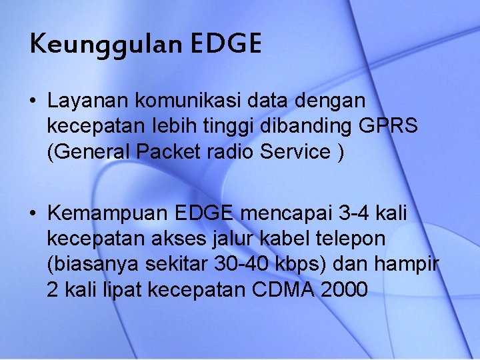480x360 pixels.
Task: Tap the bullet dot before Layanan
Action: pos(32,101)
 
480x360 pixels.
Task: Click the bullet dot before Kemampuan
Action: pos(32,213)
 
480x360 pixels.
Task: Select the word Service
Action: pos(294,151)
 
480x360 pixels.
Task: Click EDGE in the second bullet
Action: pos(203,213)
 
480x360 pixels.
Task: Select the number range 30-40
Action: pos(243,264)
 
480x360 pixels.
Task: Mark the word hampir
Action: pos(408,264)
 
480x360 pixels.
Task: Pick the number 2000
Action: pos(343,289)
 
